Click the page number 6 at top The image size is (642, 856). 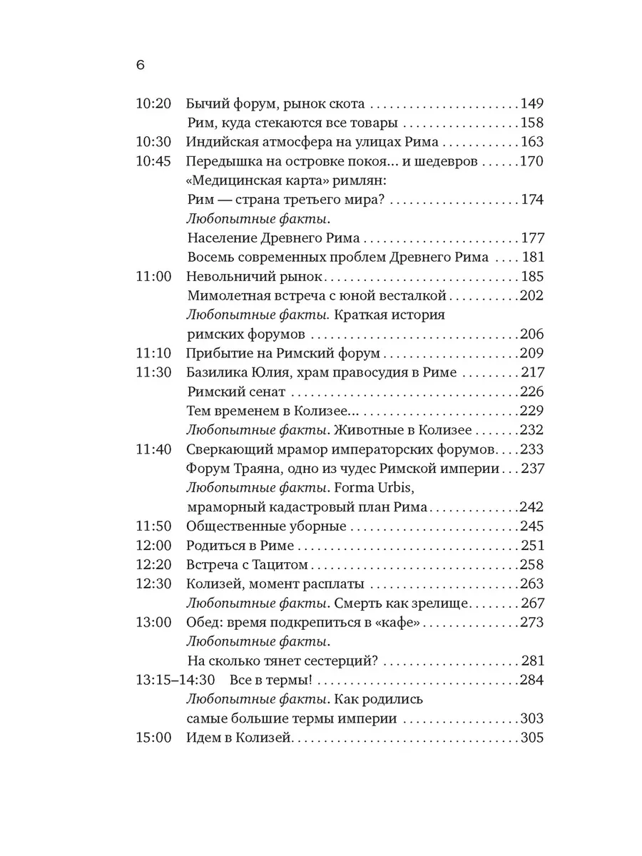click(x=140, y=64)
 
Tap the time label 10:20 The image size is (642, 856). click(x=153, y=103)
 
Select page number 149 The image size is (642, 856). click(x=531, y=103)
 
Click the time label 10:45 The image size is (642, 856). click(x=153, y=160)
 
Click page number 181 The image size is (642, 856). click(x=531, y=257)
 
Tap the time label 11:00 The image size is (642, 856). click(x=153, y=276)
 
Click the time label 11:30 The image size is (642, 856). click(x=153, y=372)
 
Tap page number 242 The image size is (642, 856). click(x=531, y=507)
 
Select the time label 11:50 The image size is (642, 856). click(x=153, y=526)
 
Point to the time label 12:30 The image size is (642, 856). click(x=153, y=584)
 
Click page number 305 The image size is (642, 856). click(x=531, y=738)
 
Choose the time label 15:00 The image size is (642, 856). click(x=153, y=738)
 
